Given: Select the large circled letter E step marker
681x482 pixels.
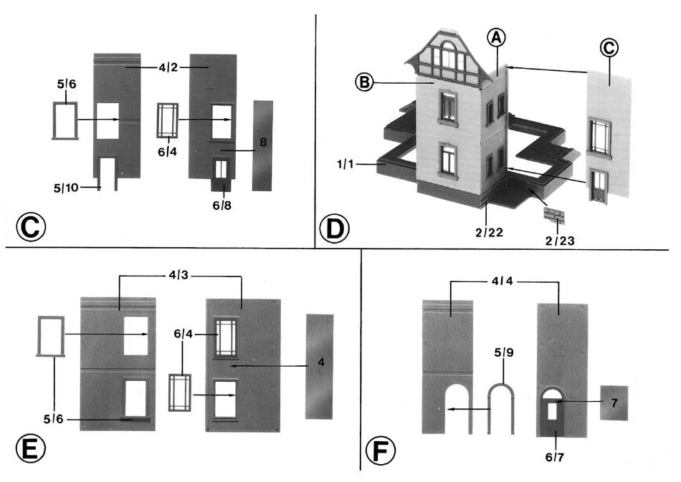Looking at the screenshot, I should (29, 449).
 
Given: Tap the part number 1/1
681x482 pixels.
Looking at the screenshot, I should (348, 164).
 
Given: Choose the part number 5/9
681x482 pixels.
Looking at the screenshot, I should (504, 353).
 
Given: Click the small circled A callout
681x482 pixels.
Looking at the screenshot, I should (496, 38).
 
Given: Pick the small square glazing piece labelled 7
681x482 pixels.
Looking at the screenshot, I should (614, 403).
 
